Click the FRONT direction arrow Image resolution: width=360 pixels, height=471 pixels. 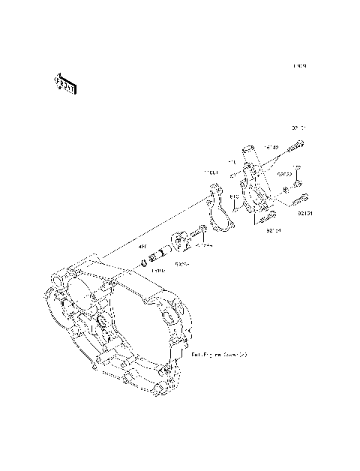coord(64,83)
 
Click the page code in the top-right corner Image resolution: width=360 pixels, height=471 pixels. coord(300,66)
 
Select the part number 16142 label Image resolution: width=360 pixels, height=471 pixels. coord(270,148)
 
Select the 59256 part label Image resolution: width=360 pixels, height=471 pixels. coord(181,264)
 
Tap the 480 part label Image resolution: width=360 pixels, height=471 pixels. coord(142,245)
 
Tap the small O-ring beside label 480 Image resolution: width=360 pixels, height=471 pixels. coord(144,262)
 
